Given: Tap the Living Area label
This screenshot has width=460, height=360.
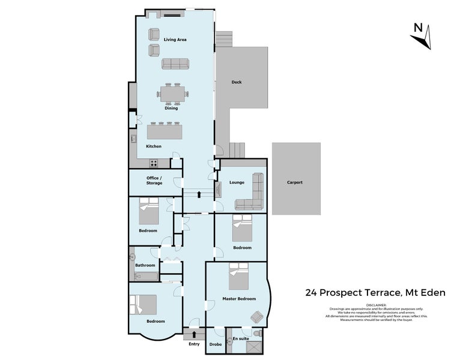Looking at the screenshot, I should point(175,40).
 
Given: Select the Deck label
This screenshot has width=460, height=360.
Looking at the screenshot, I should point(237,82).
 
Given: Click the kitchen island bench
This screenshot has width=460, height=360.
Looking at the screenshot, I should point(165,131).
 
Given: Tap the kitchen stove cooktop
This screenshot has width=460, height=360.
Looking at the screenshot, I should point(154,162).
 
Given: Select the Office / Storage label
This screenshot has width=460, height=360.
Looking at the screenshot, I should point(154,181).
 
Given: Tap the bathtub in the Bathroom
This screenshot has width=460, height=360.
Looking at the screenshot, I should point(144,277).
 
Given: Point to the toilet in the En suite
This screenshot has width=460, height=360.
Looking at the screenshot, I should point(257,334).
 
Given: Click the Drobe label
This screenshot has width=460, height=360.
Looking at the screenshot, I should point(215,345).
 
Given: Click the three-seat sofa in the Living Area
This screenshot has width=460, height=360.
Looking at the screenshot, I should point(175,63).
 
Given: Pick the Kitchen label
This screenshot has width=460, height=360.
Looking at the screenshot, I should point(153,146).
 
